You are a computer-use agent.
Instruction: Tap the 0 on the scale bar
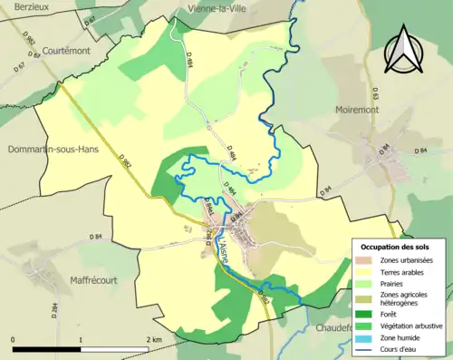[x=14, y=339]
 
